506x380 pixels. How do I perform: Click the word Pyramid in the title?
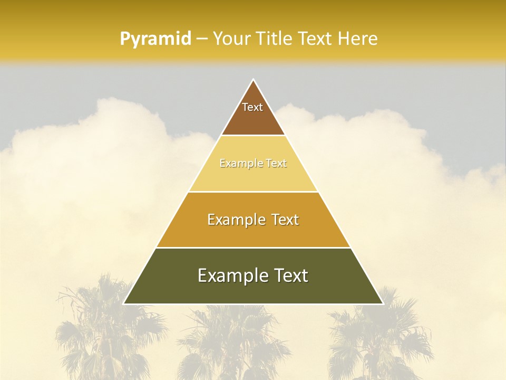pos(155,39)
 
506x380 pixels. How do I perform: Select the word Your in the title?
pos(230,39)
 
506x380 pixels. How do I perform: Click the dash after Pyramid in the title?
pos(201,39)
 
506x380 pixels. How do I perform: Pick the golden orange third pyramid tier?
pos(253,232)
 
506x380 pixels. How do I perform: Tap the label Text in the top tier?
pos(252,107)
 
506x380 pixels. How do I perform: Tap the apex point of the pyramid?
pos(254,80)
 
